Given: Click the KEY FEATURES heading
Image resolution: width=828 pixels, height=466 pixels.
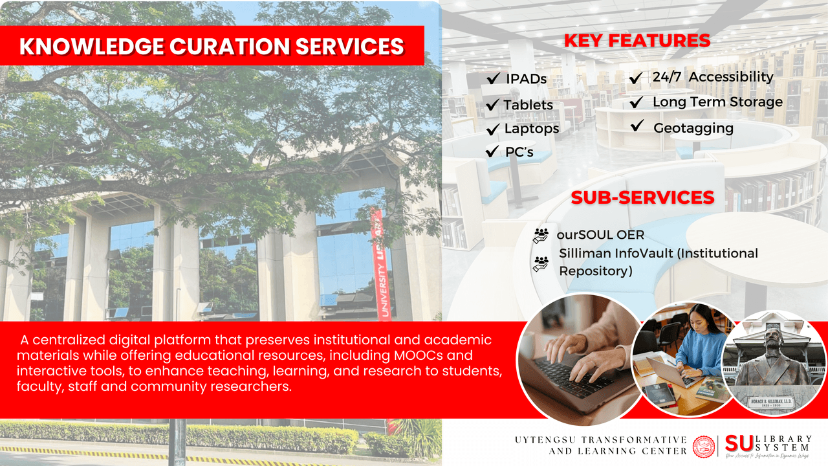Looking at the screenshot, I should [637, 41].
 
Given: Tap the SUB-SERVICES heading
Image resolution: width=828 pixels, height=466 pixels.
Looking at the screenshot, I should [642, 197].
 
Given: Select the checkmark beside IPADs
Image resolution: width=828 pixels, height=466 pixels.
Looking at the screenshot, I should [493, 78].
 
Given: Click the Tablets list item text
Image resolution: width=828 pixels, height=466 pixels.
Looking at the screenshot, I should [528, 105].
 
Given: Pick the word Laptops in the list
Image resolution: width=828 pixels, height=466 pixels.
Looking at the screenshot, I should [531, 129].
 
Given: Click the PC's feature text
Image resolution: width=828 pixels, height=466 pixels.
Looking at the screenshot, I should [519, 153].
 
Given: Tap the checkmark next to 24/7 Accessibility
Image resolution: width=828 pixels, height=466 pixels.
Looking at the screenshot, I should [637, 78].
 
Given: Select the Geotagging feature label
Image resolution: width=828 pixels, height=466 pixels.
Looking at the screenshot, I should [693, 128].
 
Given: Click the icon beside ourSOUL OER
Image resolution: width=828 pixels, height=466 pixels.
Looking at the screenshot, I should [540, 236].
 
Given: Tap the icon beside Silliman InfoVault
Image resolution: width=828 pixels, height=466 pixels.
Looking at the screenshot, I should [540, 263].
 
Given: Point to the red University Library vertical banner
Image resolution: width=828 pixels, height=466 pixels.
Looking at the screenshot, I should [380, 265].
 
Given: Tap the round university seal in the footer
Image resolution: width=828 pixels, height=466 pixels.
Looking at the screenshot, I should [704, 447].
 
